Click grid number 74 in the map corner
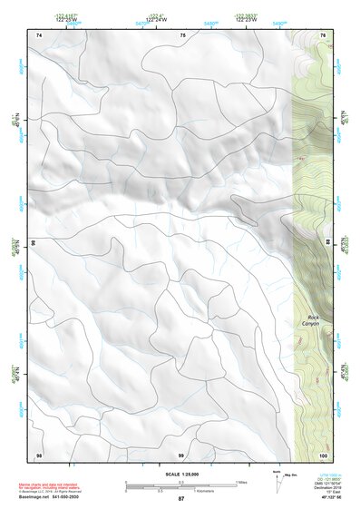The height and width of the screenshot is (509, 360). tap(39, 34)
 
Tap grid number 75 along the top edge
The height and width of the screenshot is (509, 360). tap(182, 34)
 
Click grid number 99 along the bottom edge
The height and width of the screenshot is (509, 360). tap(181, 454)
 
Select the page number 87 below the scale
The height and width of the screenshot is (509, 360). tap(180, 499)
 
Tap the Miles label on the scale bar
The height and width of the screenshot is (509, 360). tap(241, 482)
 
